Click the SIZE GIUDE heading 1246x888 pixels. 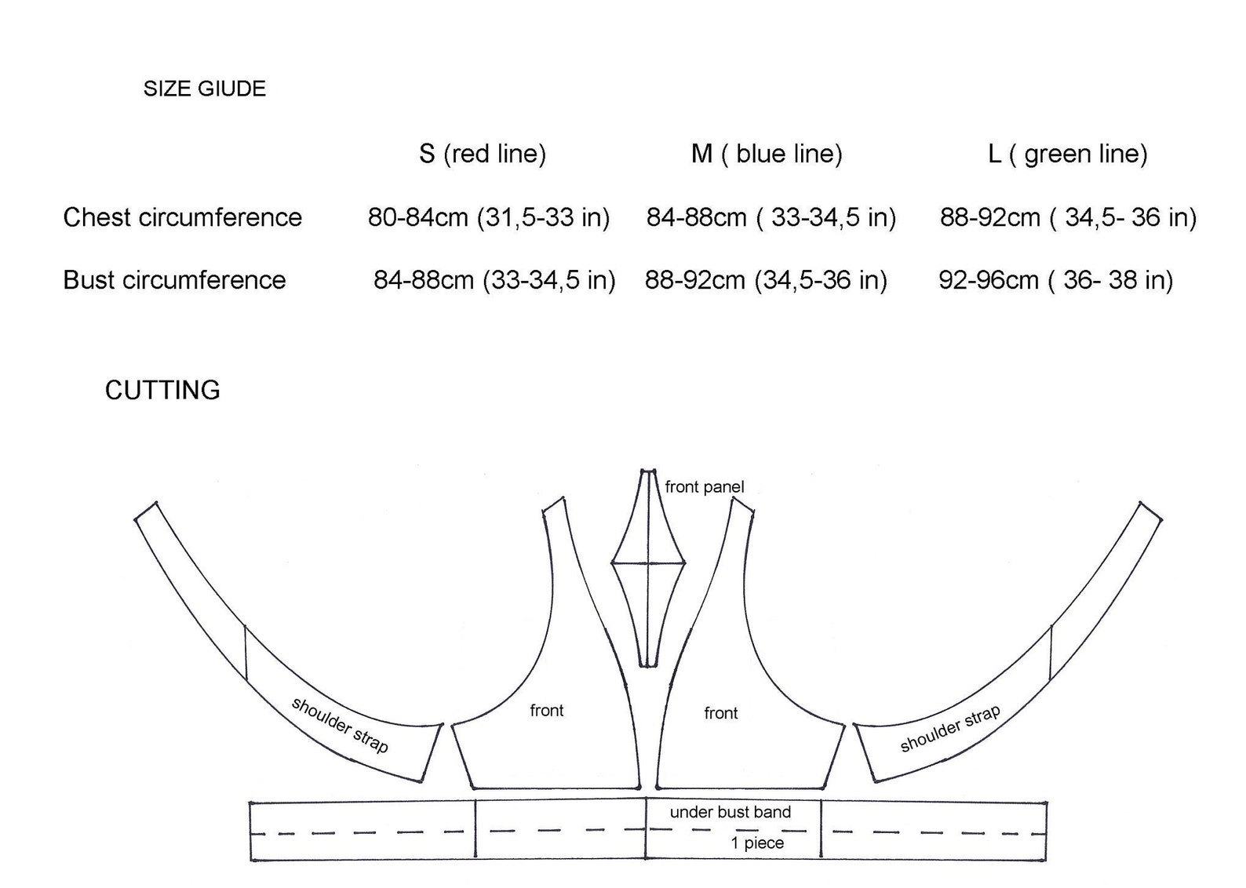(x=204, y=89)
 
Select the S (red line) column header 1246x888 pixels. (x=482, y=154)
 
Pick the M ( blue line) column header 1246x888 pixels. (x=767, y=154)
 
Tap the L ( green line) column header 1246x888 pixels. (x=1067, y=154)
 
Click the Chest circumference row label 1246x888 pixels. (x=182, y=217)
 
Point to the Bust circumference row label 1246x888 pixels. (x=174, y=280)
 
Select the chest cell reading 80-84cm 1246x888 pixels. (x=489, y=217)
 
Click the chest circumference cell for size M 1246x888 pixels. (x=771, y=217)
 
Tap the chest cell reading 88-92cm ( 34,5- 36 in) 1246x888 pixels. (x=1068, y=217)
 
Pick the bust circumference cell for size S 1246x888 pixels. (x=494, y=280)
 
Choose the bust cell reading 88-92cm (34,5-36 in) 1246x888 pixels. (x=766, y=280)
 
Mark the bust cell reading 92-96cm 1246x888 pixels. (x=1055, y=280)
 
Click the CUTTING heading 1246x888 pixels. (x=162, y=390)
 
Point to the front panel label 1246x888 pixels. (x=704, y=487)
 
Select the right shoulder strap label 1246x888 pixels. (x=949, y=729)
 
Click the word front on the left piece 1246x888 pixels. (x=546, y=711)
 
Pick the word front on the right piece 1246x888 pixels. (x=720, y=713)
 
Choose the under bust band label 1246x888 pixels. (x=730, y=813)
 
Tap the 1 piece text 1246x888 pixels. (x=757, y=843)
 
